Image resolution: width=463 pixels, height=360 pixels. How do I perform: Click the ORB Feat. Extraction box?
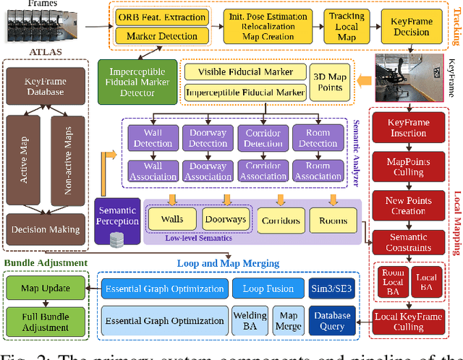pos(161,16)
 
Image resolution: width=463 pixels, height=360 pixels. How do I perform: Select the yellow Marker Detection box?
pos(161,35)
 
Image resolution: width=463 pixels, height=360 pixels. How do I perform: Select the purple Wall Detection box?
pos(153,138)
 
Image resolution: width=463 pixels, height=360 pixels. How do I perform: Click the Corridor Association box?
pos(263,171)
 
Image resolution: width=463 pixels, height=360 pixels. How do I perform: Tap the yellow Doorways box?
pos(224,219)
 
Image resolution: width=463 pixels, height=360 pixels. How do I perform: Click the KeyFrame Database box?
pos(47,87)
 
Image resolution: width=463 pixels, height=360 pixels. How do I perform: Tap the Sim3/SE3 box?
pos(331,289)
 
